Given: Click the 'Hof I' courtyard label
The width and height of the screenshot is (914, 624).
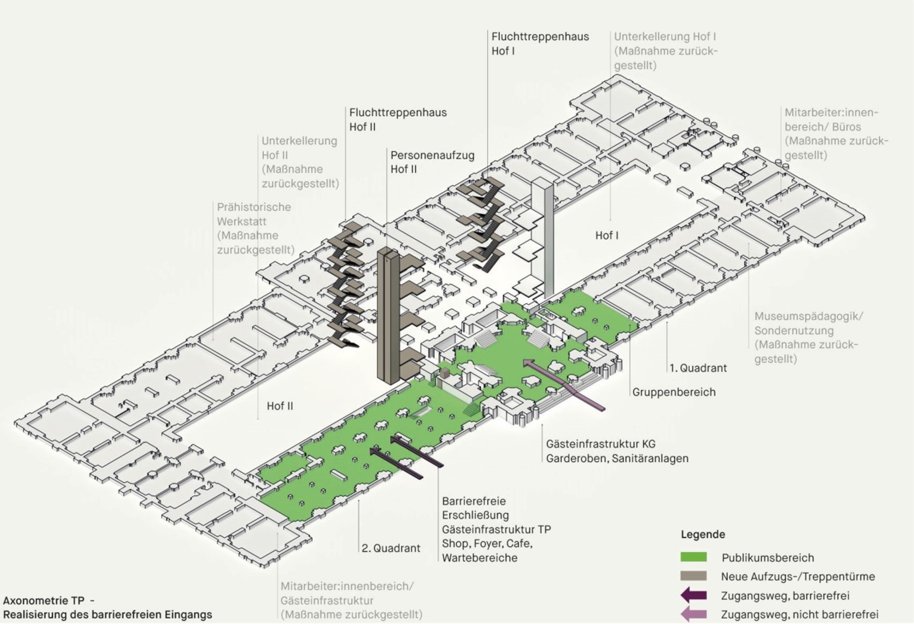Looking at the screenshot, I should pos(607,236).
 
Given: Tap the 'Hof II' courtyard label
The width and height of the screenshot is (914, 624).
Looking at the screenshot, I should pos(280,406).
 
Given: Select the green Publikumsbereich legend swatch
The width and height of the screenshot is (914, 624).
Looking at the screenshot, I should pos(693,557).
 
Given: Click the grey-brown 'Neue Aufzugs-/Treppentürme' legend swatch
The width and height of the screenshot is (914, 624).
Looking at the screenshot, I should pos(693,576).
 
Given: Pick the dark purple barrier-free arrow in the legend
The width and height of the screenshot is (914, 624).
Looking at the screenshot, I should pos(693,596).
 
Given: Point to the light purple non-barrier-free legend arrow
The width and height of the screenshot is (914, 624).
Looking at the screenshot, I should pos(693,614).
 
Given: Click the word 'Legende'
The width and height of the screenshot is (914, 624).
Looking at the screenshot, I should pos(703,534).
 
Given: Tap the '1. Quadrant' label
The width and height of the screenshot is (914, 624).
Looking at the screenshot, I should pos(698,368).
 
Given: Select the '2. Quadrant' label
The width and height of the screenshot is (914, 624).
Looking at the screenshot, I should pos(391,548).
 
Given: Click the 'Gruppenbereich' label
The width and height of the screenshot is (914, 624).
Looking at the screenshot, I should pos(674,392).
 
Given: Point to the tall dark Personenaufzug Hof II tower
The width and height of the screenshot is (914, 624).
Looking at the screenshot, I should pos(388,316).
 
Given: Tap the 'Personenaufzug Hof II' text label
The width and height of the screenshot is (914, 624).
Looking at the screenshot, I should pos(432,162).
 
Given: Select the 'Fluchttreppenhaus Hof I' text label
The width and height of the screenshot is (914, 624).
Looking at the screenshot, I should pos(540,43).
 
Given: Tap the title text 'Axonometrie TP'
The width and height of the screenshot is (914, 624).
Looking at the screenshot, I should pos(44,601).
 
